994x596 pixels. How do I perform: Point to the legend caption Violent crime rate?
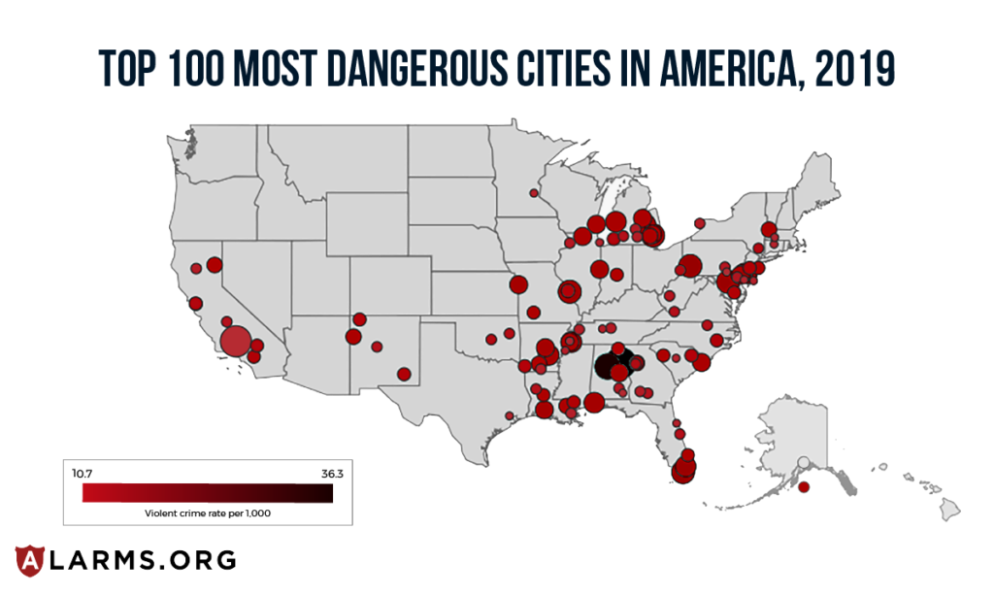click(x=207, y=512)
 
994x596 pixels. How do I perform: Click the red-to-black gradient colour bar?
click(x=208, y=494)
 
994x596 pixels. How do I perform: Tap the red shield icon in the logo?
click(x=30, y=560)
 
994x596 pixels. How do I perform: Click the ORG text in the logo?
click(x=198, y=560)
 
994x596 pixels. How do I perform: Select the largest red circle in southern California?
click(x=235, y=342)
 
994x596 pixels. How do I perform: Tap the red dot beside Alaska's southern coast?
click(x=803, y=485)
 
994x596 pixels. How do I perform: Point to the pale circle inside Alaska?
click(x=803, y=462)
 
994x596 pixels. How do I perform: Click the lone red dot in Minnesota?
click(x=533, y=193)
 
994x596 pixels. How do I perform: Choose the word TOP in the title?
click(x=128, y=70)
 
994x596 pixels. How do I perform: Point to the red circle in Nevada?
click(x=215, y=264)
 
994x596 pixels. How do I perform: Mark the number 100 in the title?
click(x=203, y=70)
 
